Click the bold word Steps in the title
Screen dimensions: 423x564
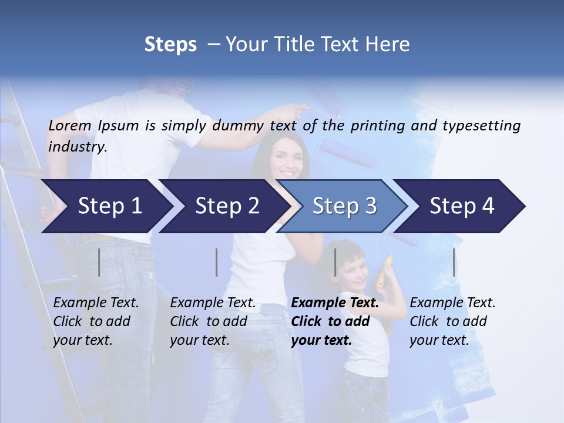(x=170, y=44)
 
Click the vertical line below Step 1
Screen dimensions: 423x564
(x=99, y=262)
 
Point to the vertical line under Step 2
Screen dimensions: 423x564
(x=217, y=262)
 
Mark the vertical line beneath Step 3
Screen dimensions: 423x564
(x=335, y=262)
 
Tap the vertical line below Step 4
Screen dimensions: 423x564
(x=454, y=262)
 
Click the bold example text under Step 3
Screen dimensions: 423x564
(x=335, y=321)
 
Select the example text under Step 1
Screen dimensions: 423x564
(x=96, y=321)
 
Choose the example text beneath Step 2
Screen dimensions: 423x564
(x=213, y=321)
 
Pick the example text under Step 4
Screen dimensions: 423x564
(x=452, y=321)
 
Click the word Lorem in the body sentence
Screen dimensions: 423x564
(x=70, y=125)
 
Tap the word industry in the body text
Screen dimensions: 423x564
(x=77, y=146)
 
